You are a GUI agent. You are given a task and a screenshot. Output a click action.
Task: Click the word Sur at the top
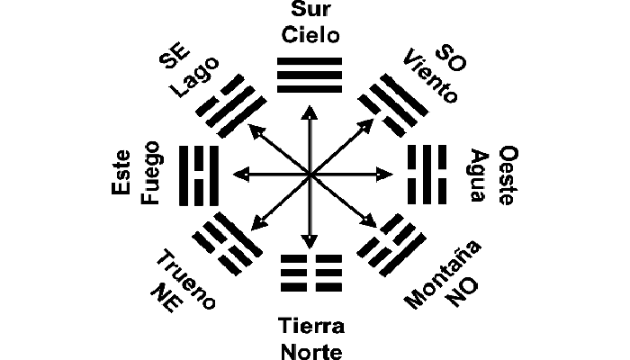click(310, 13)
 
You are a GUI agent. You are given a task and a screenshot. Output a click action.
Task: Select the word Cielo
click(310, 36)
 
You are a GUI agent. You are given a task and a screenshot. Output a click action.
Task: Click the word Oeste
click(506, 175)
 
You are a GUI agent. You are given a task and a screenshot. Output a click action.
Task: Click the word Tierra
click(310, 324)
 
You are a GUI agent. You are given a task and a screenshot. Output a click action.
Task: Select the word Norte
click(310, 347)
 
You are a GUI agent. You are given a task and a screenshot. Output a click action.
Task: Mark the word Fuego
click(150, 173)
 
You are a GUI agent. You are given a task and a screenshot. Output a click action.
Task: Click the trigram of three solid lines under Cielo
click(310, 76)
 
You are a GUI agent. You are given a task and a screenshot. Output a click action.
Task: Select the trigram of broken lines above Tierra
click(310, 270)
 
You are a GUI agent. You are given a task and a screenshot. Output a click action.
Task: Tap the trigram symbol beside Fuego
click(200, 173)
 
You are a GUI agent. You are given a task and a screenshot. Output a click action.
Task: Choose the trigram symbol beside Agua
click(421, 173)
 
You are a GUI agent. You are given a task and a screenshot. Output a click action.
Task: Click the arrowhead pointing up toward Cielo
click(310, 110)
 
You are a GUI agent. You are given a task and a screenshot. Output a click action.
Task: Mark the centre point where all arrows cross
click(310, 173)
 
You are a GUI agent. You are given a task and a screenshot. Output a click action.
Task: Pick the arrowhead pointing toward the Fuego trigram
click(237, 173)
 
